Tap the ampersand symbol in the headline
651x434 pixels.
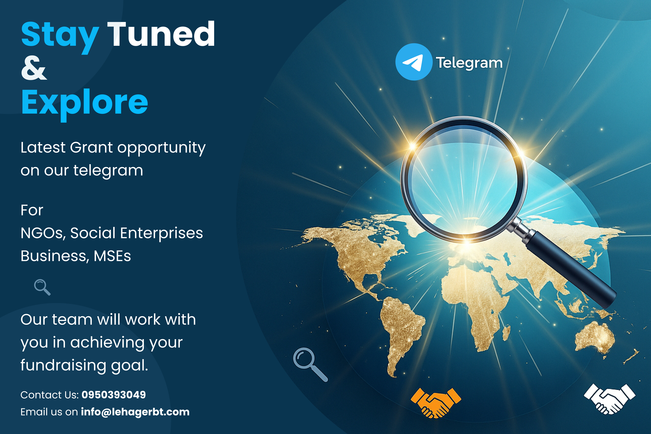pyautogui.click(x=34, y=67)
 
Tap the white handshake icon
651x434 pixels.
pyautogui.click(x=610, y=399)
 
